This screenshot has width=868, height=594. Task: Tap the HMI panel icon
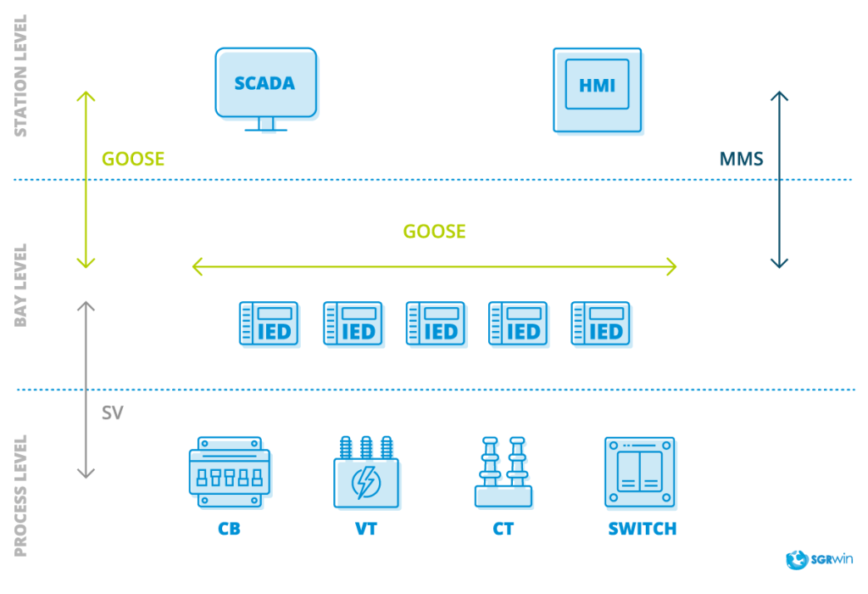tap(597, 89)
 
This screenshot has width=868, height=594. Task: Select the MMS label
tap(742, 159)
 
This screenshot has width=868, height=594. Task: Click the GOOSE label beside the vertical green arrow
tap(133, 160)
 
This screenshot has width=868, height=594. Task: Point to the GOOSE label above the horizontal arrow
tap(434, 231)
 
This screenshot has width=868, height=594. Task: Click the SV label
tap(113, 413)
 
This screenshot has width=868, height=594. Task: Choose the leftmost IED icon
tap(269, 323)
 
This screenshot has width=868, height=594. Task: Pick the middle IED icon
tap(435, 323)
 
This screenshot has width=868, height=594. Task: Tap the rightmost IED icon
tap(600, 323)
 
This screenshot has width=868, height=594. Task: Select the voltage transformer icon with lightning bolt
tap(366, 473)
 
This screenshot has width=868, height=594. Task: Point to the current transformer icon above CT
tap(503, 473)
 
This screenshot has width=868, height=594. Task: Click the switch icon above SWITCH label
tap(640, 472)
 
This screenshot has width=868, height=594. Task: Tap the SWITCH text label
tap(643, 530)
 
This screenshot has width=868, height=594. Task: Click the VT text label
tap(366, 530)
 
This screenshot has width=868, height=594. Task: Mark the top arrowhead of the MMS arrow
tap(779, 94)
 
